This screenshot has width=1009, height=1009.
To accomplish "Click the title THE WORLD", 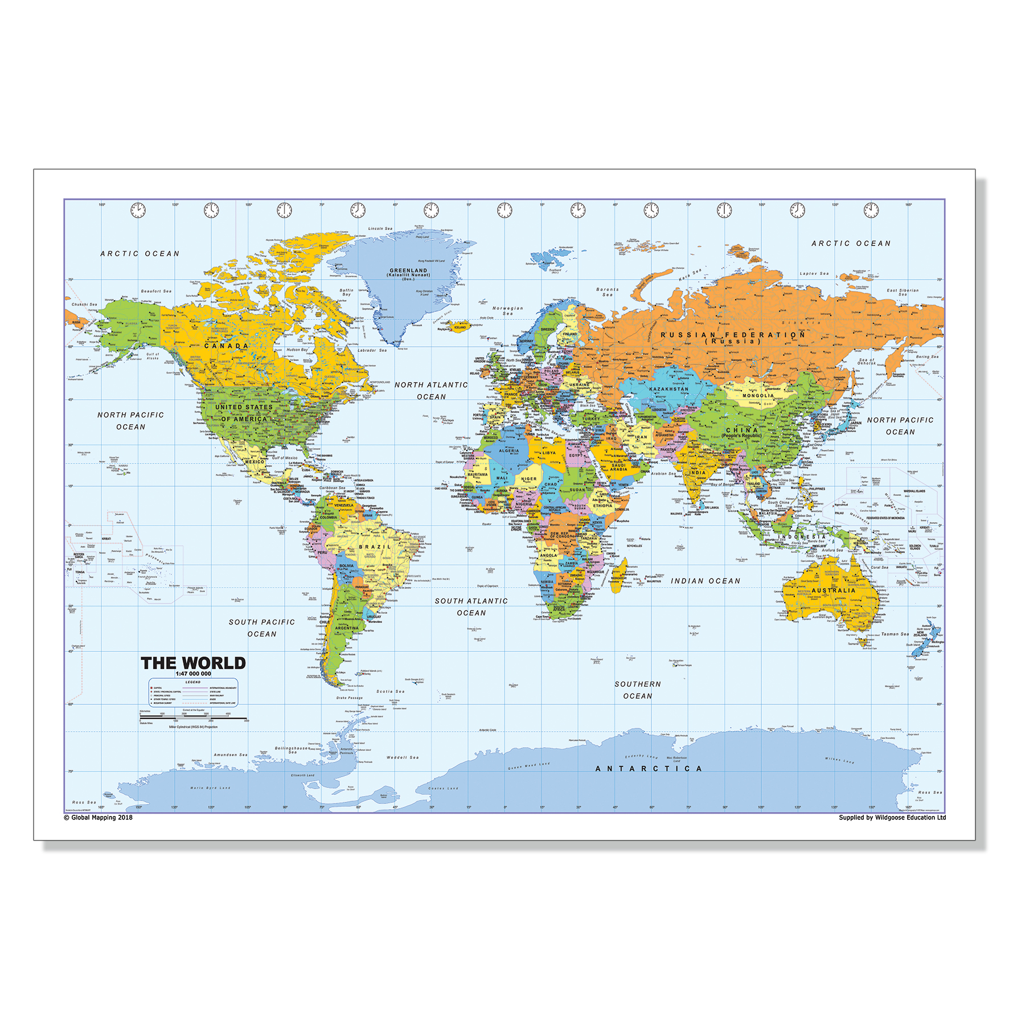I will point(193,663).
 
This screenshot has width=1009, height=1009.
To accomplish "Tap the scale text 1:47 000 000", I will point(193,674).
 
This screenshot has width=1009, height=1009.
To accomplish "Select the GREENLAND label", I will point(408,271).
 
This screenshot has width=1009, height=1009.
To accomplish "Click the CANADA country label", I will point(227,346).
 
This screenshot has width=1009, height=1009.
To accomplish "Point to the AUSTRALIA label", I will point(834,590).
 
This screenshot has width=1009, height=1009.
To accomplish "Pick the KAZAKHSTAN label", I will point(668,389).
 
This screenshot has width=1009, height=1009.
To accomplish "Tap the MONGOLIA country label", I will point(758,396).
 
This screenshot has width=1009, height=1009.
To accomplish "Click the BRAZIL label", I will point(375,547).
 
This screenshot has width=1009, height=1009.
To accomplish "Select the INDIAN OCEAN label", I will point(706,581).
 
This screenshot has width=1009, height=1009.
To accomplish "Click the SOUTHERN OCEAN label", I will point(638,690).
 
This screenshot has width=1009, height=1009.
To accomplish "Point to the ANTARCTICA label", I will point(649,769).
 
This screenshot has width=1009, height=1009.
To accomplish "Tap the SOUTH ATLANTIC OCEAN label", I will point(471,606).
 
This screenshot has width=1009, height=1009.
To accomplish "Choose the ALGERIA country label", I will point(509,450).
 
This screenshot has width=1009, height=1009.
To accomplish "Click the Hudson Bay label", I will point(297,350).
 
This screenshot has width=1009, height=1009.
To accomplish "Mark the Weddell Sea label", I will point(403,757).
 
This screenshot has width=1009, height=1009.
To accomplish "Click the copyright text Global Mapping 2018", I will point(98,818).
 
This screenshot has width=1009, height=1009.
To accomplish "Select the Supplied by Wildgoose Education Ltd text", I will point(892,818).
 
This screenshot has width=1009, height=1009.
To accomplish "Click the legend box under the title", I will point(193,693).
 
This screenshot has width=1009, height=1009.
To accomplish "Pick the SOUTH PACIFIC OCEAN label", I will point(262,627).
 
